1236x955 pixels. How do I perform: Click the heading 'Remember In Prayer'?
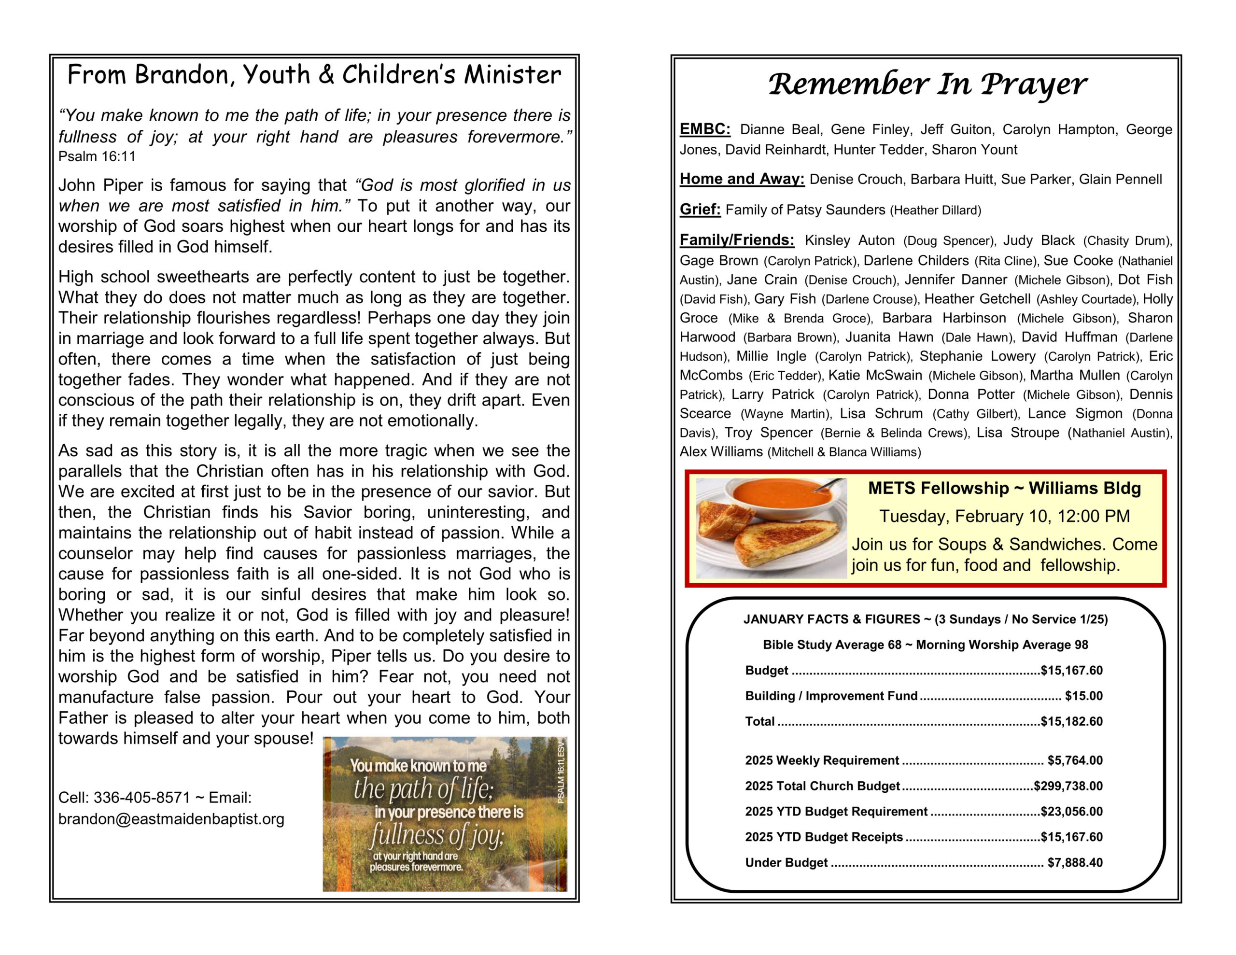pyautogui.click(x=927, y=84)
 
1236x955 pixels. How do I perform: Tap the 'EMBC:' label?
pyautogui.click(x=704, y=129)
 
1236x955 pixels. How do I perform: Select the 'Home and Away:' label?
pyautogui.click(x=742, y=179)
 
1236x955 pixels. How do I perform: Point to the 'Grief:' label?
pyautogui.click(x=700, y=210)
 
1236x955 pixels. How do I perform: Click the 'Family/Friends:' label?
pyautogui.click(x=737, y=240)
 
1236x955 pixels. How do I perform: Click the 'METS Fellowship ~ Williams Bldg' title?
pyautogui.click(x=1004, y=488)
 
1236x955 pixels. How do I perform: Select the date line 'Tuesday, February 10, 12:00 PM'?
pyautogui.click(x=1004, y=516)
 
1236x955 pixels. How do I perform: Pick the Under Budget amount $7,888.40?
pyautogui.click(x=1075, y=863)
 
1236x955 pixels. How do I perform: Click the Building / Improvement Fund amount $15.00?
pyautogui.click(x=1083, y=696)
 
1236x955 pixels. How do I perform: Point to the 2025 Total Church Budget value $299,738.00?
pyautogui.click(x=1068, y=786)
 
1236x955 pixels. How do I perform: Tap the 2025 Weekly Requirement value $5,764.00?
pyautogui.click(x=1075, y=760)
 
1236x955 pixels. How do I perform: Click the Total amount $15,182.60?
pyautogui.click(x=1071, y=721)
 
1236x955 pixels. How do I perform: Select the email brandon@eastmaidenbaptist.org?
pyautogui.click(x=171, y=819)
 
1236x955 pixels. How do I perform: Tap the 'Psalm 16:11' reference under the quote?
pyautogui.click(x=97, y=157)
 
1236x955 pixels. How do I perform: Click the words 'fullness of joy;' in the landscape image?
pyautogui.click(x=436, y=835)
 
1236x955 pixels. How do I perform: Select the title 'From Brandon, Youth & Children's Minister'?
pyautogui.click(x=314, y=75)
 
